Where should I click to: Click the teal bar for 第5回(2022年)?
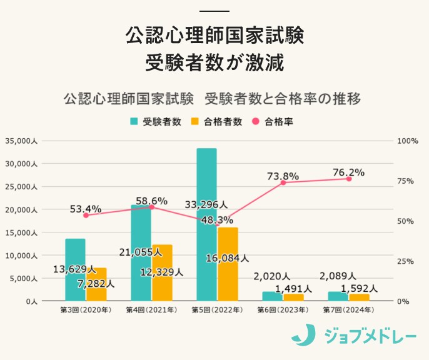point(206,225)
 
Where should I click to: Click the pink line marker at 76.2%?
point(349,179)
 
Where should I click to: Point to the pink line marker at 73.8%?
point(283,182)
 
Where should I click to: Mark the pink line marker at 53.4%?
point(86,215)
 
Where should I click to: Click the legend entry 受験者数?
point(156,122)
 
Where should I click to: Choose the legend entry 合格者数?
point(216,122)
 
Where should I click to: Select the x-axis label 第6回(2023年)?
point(283,310)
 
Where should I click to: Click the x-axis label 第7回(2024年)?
point(348,310)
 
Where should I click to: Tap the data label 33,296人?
point(206,204)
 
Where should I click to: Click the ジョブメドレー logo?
point(354,336)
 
